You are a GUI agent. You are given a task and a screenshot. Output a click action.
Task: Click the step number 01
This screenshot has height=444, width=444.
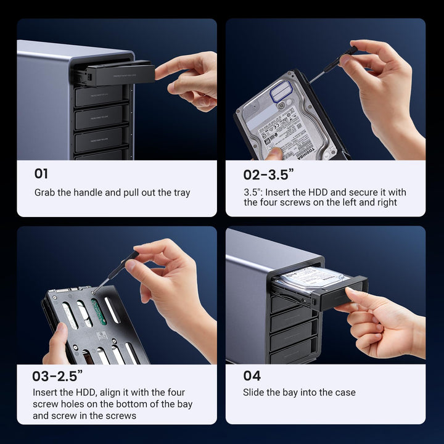(41, 174)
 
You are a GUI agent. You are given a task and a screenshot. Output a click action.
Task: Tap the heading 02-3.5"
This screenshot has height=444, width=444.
(269, 174)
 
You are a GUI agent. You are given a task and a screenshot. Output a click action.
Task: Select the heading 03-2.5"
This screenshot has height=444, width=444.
(57, 376)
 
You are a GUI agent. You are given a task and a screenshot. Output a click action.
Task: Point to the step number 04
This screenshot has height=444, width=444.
(252, 376)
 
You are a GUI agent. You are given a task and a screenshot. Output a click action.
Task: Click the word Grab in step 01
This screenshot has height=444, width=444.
(46, 192)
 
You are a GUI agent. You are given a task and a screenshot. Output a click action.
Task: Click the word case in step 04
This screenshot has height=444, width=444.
(344, 392)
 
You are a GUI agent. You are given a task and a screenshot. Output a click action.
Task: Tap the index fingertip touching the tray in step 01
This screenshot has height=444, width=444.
(161, 73)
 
